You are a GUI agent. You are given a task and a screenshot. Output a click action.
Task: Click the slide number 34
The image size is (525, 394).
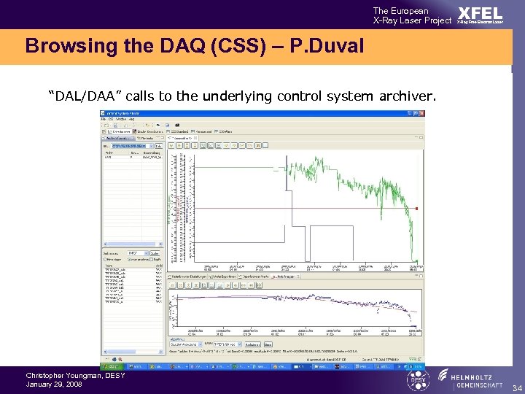tap(516, 387)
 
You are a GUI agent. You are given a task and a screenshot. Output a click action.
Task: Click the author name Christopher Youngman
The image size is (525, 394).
tap(55, 376)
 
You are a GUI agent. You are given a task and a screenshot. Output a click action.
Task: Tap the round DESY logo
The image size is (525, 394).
tap(419, 379)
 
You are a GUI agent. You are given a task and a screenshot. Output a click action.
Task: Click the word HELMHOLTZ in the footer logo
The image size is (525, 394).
tap(477, 376)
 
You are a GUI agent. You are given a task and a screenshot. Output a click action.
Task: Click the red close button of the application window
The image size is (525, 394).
tap(420, 114)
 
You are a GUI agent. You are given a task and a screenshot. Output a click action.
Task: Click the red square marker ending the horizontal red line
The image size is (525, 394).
tap(416, 209)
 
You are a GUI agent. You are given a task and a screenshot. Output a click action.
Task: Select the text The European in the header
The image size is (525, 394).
tap(400, 11)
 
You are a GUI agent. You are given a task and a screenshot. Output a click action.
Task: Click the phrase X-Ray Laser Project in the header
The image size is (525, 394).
tap(412, 20)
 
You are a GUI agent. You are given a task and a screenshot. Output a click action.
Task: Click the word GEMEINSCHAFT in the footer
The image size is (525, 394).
tap(477, 386)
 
